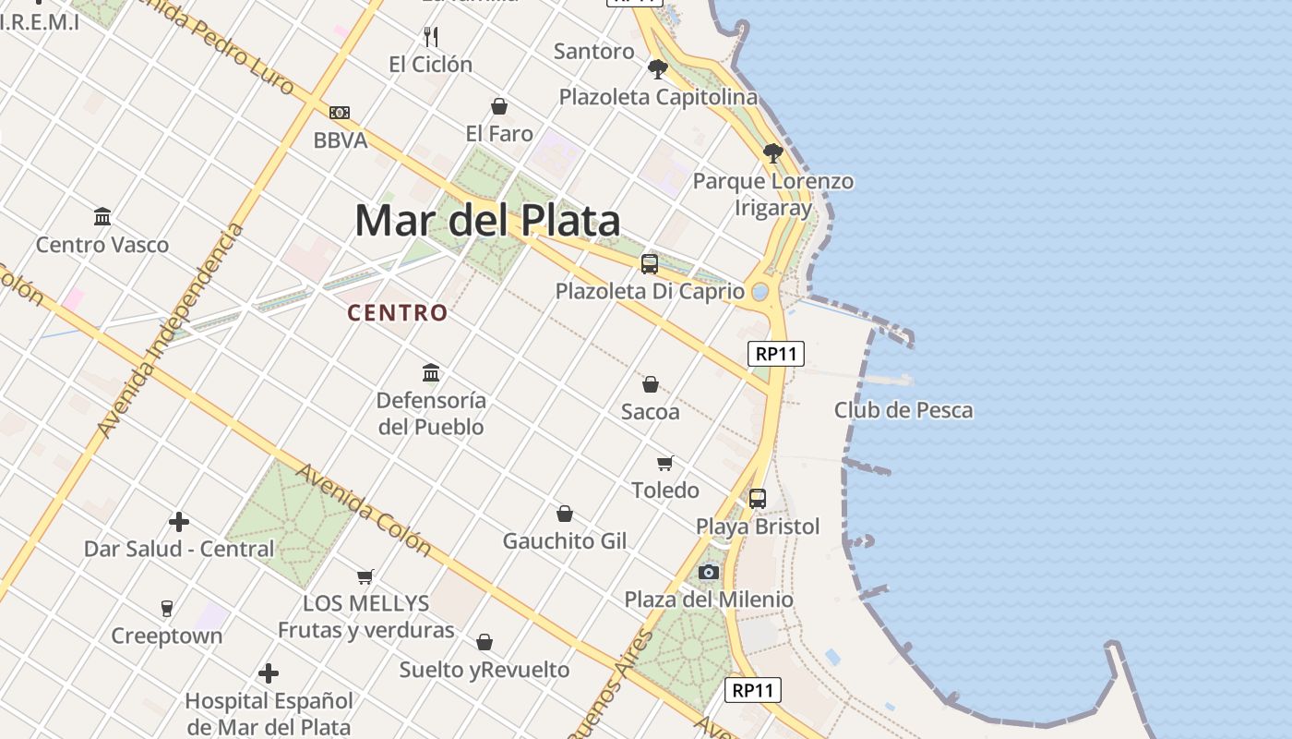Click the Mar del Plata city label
(487, 221)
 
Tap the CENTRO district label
(398, 313)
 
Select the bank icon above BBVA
(340, 113)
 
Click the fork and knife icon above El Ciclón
(430, 37)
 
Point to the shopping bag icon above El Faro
(499, 106)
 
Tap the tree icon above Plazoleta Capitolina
(658, 68)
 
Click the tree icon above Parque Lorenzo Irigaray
(773, 153)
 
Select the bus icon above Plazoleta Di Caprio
(650, 264)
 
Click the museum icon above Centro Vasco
(102, 217)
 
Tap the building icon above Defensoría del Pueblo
(431, 373)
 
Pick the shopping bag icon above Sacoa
(651, 384)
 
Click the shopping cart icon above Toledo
(665, 463)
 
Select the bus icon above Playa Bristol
(758, 499)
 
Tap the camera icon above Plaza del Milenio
(709, 572)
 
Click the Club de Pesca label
(903, 410)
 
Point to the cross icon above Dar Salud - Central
(179, 522)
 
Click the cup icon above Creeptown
(167, 608)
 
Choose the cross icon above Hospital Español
(269, 673)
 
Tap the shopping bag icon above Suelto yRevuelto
(484, 642)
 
